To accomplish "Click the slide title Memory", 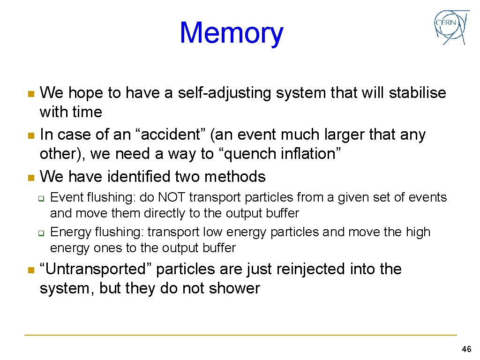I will pyautogui.click(x=232, y=33).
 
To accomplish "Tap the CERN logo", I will pyautogui.click(x=451, y=27).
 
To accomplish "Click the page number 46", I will pyautogui.click(x=466, y=349).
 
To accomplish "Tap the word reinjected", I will pyautogui.click(x=317, y=270).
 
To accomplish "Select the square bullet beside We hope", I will pyautogui.click(x=31, y=94).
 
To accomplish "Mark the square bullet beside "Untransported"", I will pyautogui.click(x=31, y=270).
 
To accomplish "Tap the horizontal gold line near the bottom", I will pyautogui.click(x=240, y=335).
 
